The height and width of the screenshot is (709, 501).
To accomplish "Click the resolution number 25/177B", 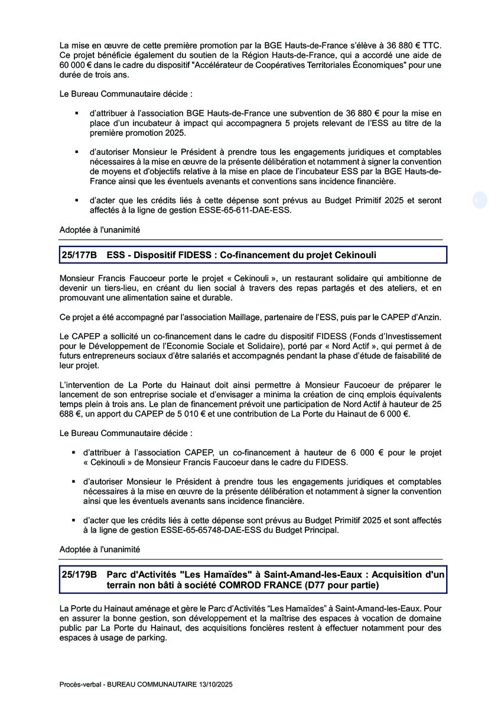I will click(79, 255).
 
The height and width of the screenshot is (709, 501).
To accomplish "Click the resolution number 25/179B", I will click(79, 574).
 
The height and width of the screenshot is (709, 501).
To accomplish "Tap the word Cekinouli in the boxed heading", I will click(351, 255).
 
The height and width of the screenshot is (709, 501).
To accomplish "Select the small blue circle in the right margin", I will click(479, 200).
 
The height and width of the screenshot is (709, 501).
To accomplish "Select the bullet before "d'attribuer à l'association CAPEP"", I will click(73, 453).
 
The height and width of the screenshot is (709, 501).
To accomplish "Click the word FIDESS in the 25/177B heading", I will click(193, 255).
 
